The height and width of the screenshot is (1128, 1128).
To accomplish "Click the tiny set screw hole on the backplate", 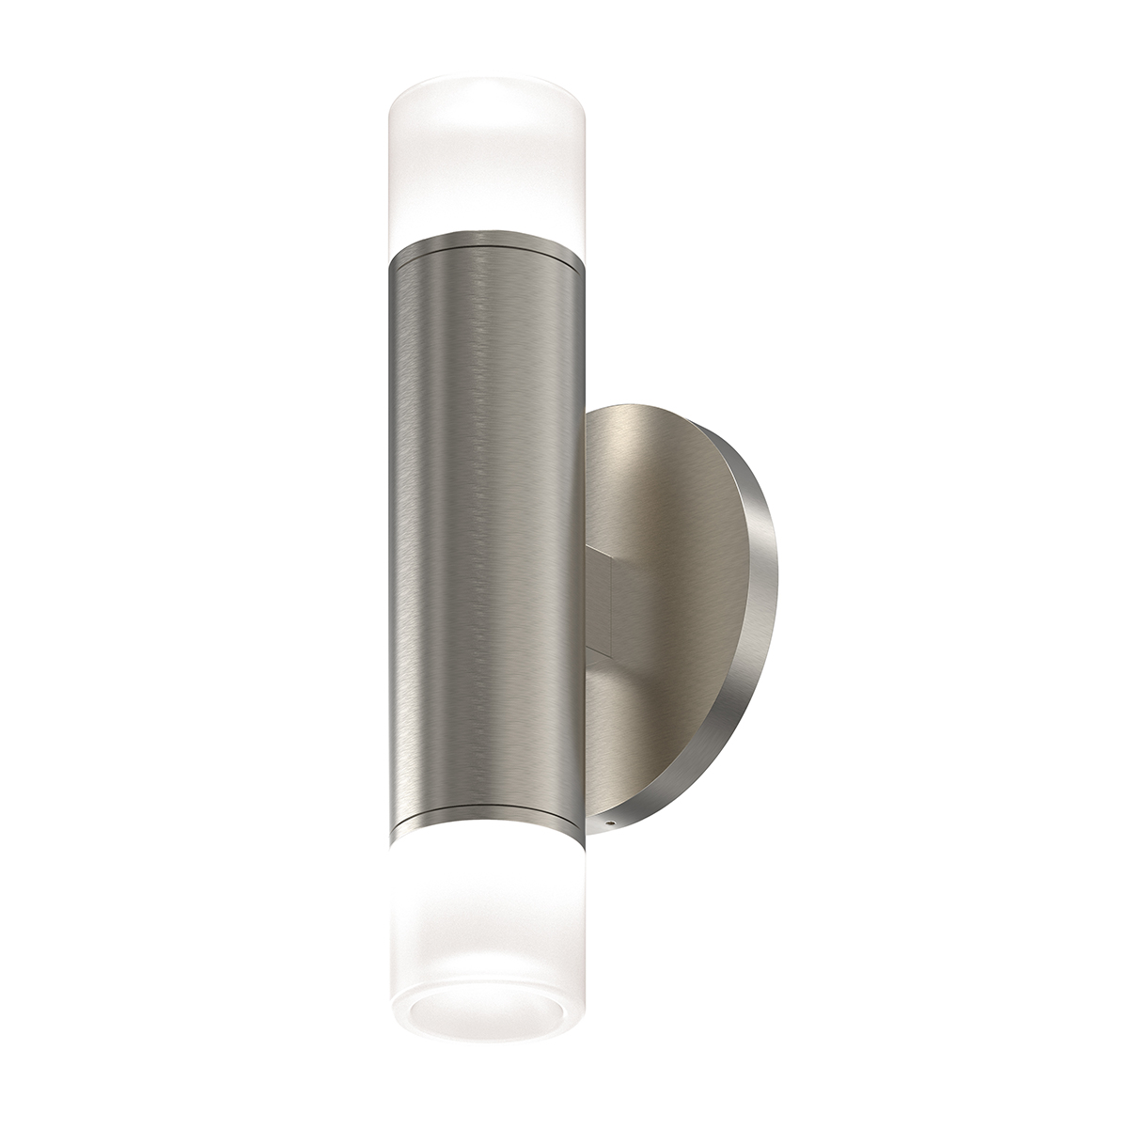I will coord(611,822).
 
